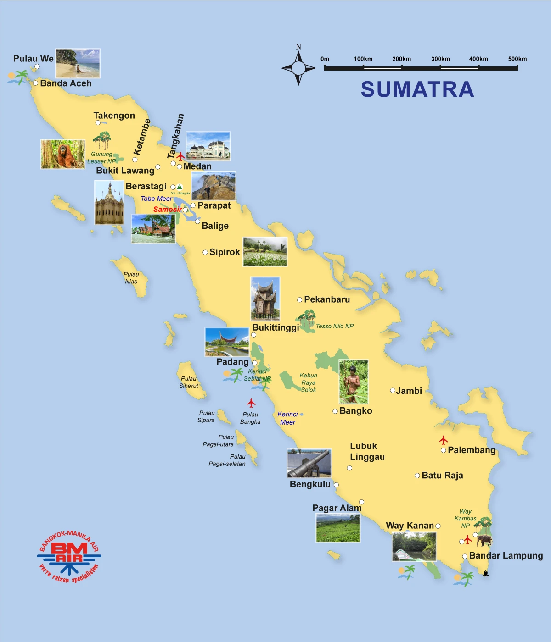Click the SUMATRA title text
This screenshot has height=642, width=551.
(x=417, y=89)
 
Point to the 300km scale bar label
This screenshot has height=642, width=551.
(x=440, y=59)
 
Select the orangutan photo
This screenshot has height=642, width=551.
(x=63, y=155)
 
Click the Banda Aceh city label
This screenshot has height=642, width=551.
(x=66, y=83)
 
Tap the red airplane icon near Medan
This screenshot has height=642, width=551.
(x=181, y=156)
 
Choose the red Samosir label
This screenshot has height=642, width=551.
(x=167, y=210)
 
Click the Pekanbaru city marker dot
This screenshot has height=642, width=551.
(x=299, y=300)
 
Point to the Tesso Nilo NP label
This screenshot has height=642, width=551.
(x=335, y=326)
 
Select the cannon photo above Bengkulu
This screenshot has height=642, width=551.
(x=309, y=463)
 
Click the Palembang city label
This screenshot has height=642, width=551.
(x=472, y=450)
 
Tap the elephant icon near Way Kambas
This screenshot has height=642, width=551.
(x=484, y=540)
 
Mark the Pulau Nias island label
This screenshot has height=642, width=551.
(x=131, y=278)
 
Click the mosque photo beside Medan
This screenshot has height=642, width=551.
(x=208, y=146)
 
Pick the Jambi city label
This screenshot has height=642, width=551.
(x=409, y=391)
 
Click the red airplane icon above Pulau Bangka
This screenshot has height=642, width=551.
(x=251, y=403)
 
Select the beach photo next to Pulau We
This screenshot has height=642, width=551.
(x=78, y=63)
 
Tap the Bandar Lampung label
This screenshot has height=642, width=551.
(x=506, y=556)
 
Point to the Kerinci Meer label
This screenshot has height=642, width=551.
(x=287, y=418)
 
